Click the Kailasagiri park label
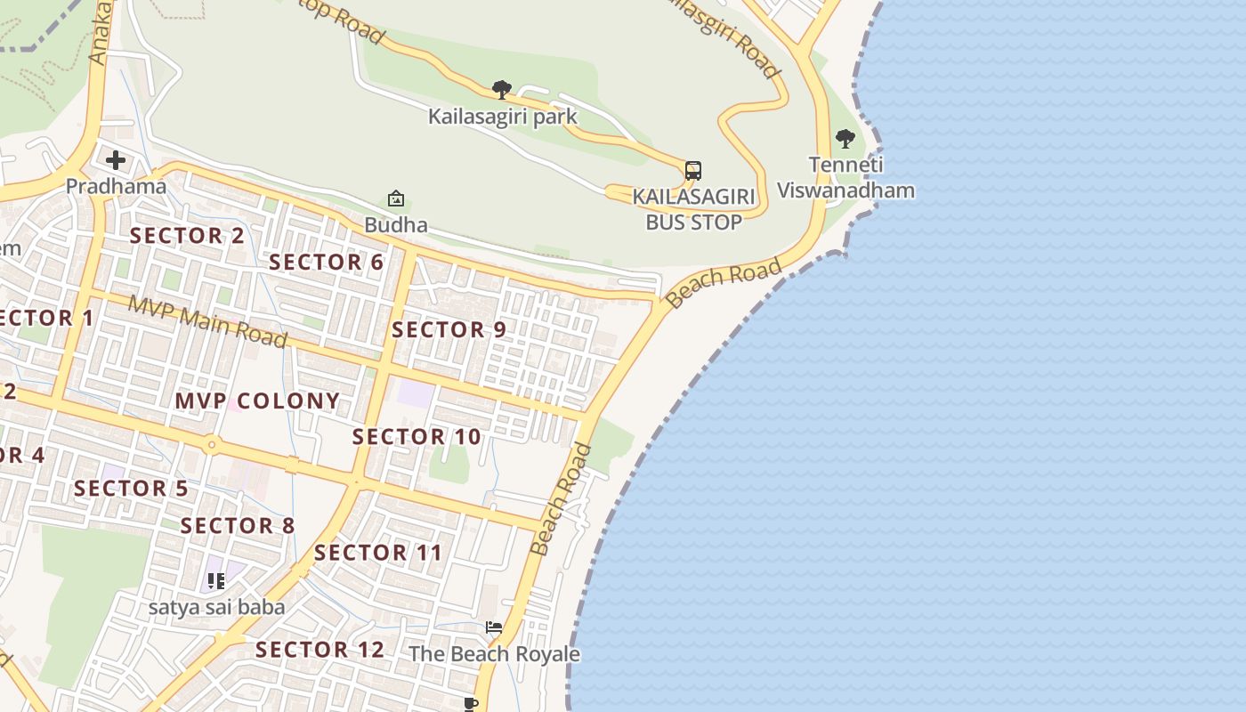[502, 117]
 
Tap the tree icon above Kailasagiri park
[502, 89]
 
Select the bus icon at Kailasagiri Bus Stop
[693, 170]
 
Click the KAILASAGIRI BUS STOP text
[693, 209]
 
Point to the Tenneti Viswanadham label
[845, 178]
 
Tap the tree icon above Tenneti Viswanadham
[845, 139]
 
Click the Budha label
[396, 225]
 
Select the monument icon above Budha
[396, 198]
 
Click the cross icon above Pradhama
[116, 161]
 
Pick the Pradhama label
[117, 187]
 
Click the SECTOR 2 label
[187, 236]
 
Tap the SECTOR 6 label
[326, 263]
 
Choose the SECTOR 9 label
[449, 330]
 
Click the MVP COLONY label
[257, 401]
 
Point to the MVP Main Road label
[208, 321]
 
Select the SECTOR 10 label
[417, 437]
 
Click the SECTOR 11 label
[378, 553]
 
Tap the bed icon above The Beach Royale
[494, 627]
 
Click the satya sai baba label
[216, 608]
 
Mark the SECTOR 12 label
[320, 650]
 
